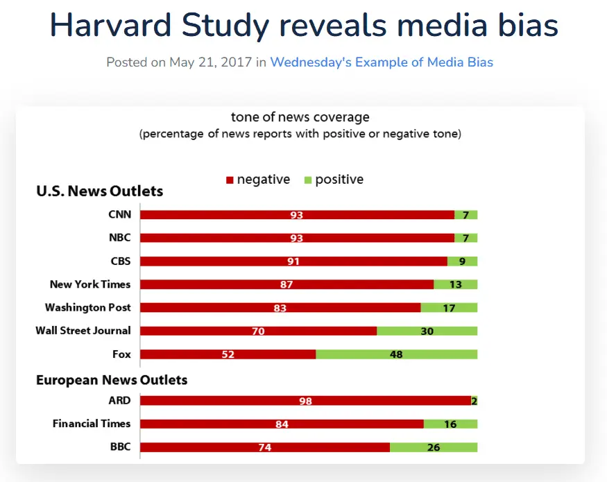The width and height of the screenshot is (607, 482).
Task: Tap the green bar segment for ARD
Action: tap(475, 400)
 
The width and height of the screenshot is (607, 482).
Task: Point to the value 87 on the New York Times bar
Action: tap(287, 285)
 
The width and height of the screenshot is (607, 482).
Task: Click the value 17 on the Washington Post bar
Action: tap(449, 308)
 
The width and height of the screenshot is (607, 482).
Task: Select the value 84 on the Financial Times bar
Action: tap(282, 424)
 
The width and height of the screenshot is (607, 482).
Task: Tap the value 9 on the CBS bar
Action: tap(463, 261)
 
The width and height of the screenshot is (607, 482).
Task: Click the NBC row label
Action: tap(119, 238)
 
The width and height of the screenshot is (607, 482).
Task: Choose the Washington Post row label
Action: tap(87, 307)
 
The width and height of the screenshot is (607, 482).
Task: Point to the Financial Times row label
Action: tap(92, 424)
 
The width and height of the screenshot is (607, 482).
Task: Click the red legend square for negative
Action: tap(230, 180)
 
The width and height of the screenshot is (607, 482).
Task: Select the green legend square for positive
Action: tap(307, 180)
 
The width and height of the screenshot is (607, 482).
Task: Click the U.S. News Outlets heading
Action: tap(99, 191)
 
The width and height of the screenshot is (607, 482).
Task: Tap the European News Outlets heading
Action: tap(112, 380)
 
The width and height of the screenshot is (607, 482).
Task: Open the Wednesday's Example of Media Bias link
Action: tap(382, 62)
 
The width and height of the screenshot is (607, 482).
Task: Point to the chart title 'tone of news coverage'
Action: tap(300, 117)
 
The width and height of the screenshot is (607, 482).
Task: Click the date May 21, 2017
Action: tap(211, 62)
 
